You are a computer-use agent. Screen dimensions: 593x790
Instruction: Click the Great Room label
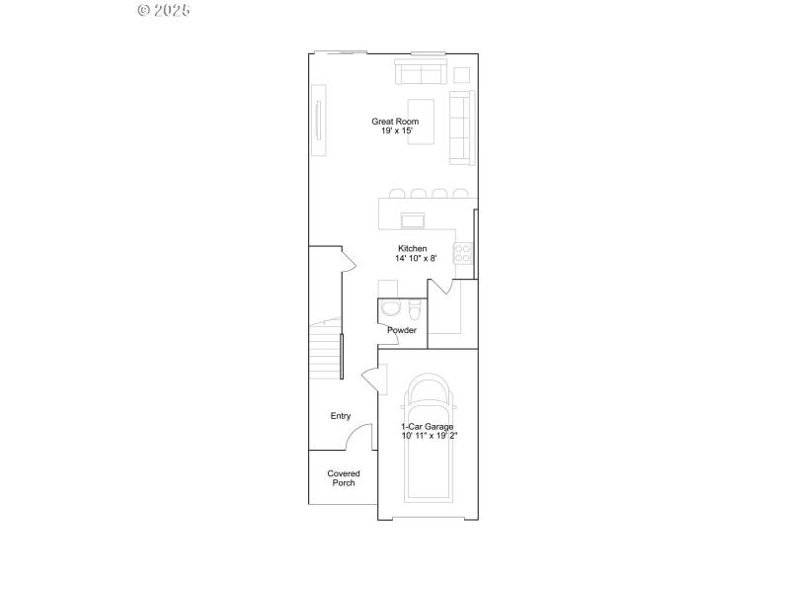395,122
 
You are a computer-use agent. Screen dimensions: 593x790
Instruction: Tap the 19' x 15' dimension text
395,131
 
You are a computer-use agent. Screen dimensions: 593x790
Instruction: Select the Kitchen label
412,248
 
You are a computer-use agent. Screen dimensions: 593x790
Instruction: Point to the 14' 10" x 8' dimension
416,258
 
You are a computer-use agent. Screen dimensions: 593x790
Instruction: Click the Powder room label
402,330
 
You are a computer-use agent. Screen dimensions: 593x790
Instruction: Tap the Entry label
341,416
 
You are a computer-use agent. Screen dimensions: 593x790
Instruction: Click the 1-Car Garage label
428,427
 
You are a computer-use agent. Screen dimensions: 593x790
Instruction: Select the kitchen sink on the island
413,218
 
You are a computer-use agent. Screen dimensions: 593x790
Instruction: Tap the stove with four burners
463,253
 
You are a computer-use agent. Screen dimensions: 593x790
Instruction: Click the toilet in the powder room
414,306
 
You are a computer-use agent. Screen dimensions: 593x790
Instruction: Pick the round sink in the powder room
387,307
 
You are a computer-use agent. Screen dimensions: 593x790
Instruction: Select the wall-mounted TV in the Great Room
318,122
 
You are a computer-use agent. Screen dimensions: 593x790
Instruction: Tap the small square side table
462,75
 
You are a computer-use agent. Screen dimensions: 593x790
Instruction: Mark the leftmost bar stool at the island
397,194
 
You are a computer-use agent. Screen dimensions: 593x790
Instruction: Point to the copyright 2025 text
164,11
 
